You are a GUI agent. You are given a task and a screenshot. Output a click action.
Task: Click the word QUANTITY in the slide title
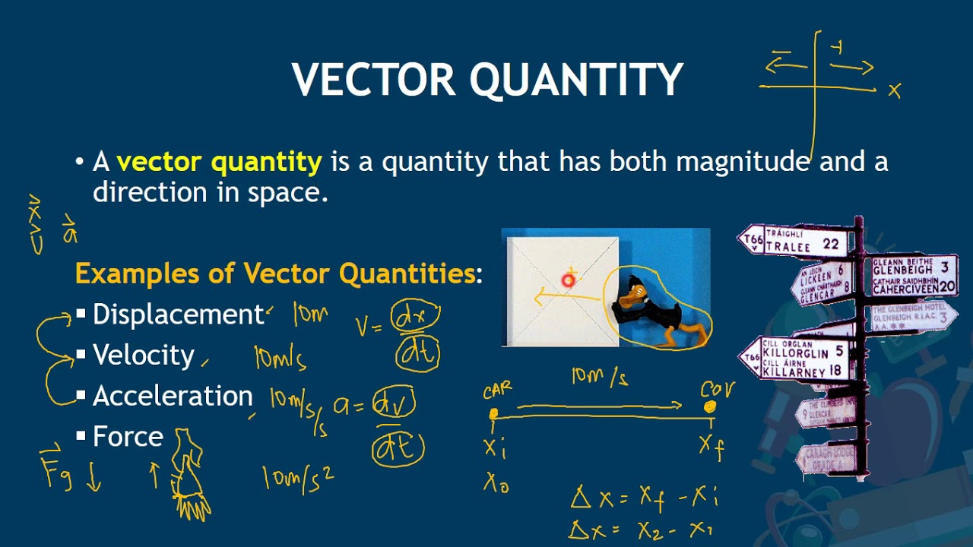tap(575, 80)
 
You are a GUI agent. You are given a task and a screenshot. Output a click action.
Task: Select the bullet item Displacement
tap(177, 315)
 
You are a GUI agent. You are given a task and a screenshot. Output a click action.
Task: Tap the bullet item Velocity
tap(144, 355)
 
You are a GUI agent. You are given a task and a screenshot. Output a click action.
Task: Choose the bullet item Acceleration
tap(173, 396)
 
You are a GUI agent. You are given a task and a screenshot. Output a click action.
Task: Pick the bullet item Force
tap(128, 437)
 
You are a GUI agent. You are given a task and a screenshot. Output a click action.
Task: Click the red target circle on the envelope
tap(568, 280)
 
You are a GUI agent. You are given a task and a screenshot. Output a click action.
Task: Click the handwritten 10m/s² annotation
tap(297, 478)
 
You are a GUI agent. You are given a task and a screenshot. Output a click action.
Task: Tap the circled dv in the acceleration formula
tap(394, 403)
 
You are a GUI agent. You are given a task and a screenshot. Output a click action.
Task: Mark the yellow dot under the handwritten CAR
tap(493, 414)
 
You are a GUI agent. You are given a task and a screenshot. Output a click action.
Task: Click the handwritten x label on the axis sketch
tap(894, 91)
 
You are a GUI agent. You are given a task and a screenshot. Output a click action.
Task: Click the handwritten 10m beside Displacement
tap(310, 315)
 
